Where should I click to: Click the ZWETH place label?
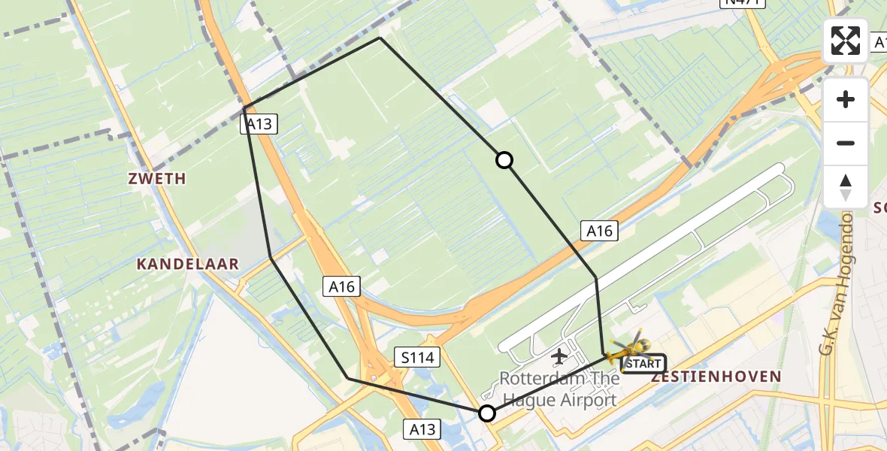coord(157,179)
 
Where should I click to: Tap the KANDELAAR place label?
coord(188,264)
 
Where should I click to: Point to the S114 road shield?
coord(417,358)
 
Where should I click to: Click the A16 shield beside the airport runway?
coord(599,231)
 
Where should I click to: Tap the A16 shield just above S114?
coord(342,286)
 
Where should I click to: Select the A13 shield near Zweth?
coord(259,124)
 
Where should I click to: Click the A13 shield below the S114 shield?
coord(423,429)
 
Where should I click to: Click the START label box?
coord(643,365)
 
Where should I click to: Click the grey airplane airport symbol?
coord(559,356)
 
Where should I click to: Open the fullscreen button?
coord(846,40)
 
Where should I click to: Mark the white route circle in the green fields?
coord(504,159)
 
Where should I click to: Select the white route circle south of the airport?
coord(487,413)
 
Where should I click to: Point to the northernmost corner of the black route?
coord(380,38)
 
